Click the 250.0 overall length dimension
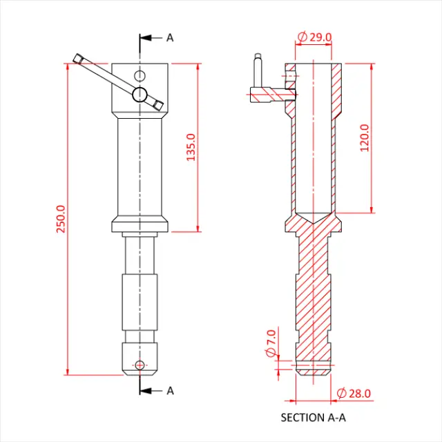[x=60, y=219]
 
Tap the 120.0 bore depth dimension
[x=364, y=137]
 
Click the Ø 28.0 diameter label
[x=354, y=393]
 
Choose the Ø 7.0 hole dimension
[x=271, y=339]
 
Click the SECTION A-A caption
[x=313, y=417]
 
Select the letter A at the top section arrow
[x=170, y=37]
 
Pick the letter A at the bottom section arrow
[x=170, y=390]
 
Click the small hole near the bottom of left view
[x=140, y=364]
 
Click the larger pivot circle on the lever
[x=140, y=95]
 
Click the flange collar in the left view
[x=140, y=225]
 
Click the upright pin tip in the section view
[x=258, y=57]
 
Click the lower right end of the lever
[x=160, y=105]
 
